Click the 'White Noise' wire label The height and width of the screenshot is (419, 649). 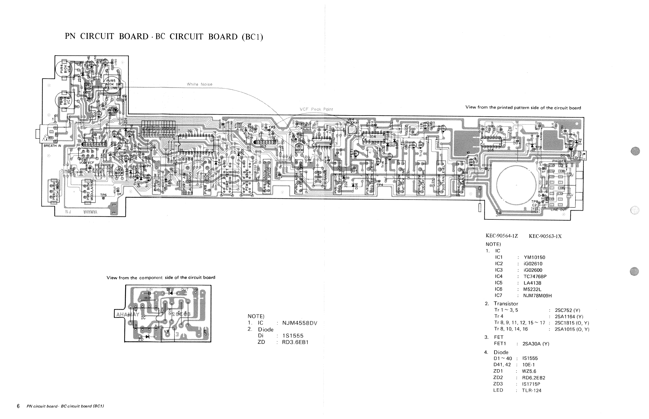(x=199, y=84)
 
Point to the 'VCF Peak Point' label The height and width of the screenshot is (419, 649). (x=316, y=109)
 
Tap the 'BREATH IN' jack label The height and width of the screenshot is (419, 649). (x=52, y=146)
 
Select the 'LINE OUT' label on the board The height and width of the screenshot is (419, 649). (x=559, y=210)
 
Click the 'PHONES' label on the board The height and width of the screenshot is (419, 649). (x=559, y=161)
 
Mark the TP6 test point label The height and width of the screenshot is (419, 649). (x=104, y=195)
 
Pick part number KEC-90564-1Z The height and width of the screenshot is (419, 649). (x=502, y=236)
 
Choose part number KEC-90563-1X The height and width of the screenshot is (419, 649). (x=545, y=236)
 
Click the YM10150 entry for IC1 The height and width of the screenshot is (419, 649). (x=534, y=257)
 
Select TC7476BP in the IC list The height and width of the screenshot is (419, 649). (x=535, y=276)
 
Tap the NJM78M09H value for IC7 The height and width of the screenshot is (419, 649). (x=537, y=295)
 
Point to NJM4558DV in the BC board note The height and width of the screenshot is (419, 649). (x=299, y=323)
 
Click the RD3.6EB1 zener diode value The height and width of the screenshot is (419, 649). (x=295, y=342)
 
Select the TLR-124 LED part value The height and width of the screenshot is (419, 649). (x=531, y=390)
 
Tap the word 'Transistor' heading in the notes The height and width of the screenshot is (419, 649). (x=506, y=304)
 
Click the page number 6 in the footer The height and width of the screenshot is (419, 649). (x=18, y=406)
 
